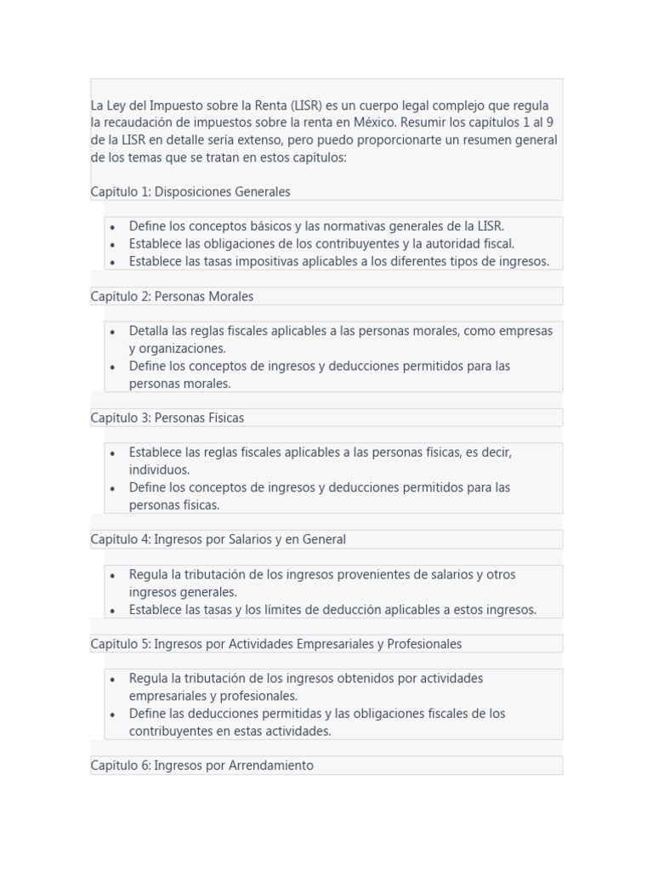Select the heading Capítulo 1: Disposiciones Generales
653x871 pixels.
pos(190,192)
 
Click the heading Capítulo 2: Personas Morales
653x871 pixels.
pos(172,297)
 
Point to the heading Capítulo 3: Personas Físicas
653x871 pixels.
pos(168,418)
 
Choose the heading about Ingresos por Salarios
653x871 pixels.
pos(219,539)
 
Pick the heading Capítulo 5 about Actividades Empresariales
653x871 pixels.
pos(276,644)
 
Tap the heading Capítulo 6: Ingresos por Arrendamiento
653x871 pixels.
pos(202,766)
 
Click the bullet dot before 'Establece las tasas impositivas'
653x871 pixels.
pos(113,262)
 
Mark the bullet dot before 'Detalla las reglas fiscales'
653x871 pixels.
pos(113,332)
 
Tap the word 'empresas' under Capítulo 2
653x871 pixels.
pos(526,331)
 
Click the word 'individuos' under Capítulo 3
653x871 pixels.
pos(159,470)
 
